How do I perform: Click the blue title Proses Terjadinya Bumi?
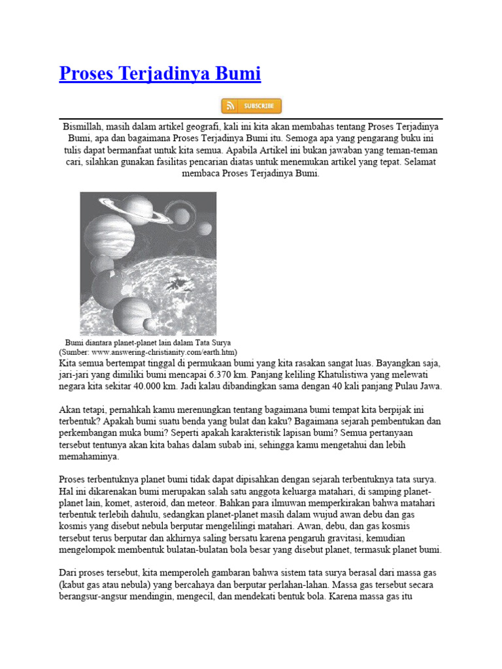click(159, 74)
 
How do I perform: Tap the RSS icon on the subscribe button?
click(230, 106)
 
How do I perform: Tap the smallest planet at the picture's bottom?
click(150, 324)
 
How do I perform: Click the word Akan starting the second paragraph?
click(69, 410)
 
